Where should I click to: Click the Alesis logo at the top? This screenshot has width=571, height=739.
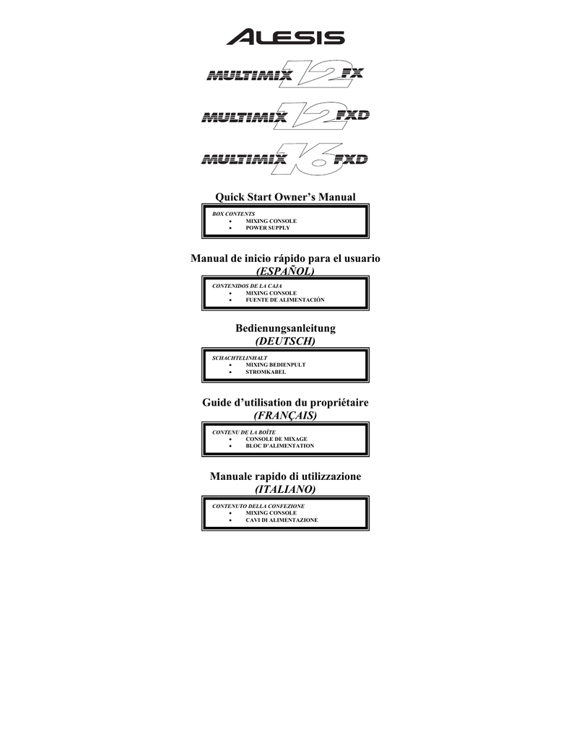285,37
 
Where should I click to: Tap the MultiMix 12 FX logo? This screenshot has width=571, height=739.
285,74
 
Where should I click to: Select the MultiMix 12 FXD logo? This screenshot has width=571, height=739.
285,115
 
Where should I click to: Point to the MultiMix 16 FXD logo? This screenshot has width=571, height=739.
285,159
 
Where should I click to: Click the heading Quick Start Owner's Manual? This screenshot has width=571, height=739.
285,197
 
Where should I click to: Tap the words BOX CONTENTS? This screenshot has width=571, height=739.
233,214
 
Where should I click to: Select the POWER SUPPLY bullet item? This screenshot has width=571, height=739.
268,227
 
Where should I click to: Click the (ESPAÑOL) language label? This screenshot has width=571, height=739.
285,271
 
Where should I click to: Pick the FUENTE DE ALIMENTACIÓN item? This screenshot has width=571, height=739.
285,299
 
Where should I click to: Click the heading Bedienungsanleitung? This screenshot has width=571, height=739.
285,328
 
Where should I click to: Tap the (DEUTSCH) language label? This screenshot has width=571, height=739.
285,341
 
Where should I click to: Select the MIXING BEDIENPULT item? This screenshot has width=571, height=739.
275,364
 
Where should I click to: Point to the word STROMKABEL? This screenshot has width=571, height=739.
266,372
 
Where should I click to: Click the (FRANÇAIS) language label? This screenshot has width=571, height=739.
285,415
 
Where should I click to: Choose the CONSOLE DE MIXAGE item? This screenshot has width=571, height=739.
276,439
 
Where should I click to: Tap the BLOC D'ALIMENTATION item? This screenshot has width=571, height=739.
279,446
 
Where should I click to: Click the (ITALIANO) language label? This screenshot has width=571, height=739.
285,489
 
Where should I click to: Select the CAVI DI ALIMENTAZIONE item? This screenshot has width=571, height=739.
282,520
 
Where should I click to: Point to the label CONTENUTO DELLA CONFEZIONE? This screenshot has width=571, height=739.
258,506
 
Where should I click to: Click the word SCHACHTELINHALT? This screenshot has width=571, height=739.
240,358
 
